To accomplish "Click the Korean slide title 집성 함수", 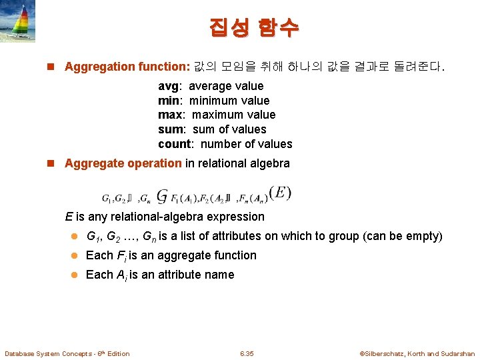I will tap(254, 27).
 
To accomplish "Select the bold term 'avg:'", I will tap(171, 86).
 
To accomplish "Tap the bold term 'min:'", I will tap(171, 101).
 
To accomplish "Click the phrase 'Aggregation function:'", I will tap(127, 67).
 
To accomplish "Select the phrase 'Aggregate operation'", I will tap(123, 163).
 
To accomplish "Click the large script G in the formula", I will tap(162, 195).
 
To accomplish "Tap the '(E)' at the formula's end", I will tap(280, 193).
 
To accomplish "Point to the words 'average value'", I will tap(226, 86).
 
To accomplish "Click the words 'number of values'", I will tap(246, 144).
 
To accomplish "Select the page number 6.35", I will tap(247, 353).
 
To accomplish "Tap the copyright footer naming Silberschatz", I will tap(417, 353).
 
